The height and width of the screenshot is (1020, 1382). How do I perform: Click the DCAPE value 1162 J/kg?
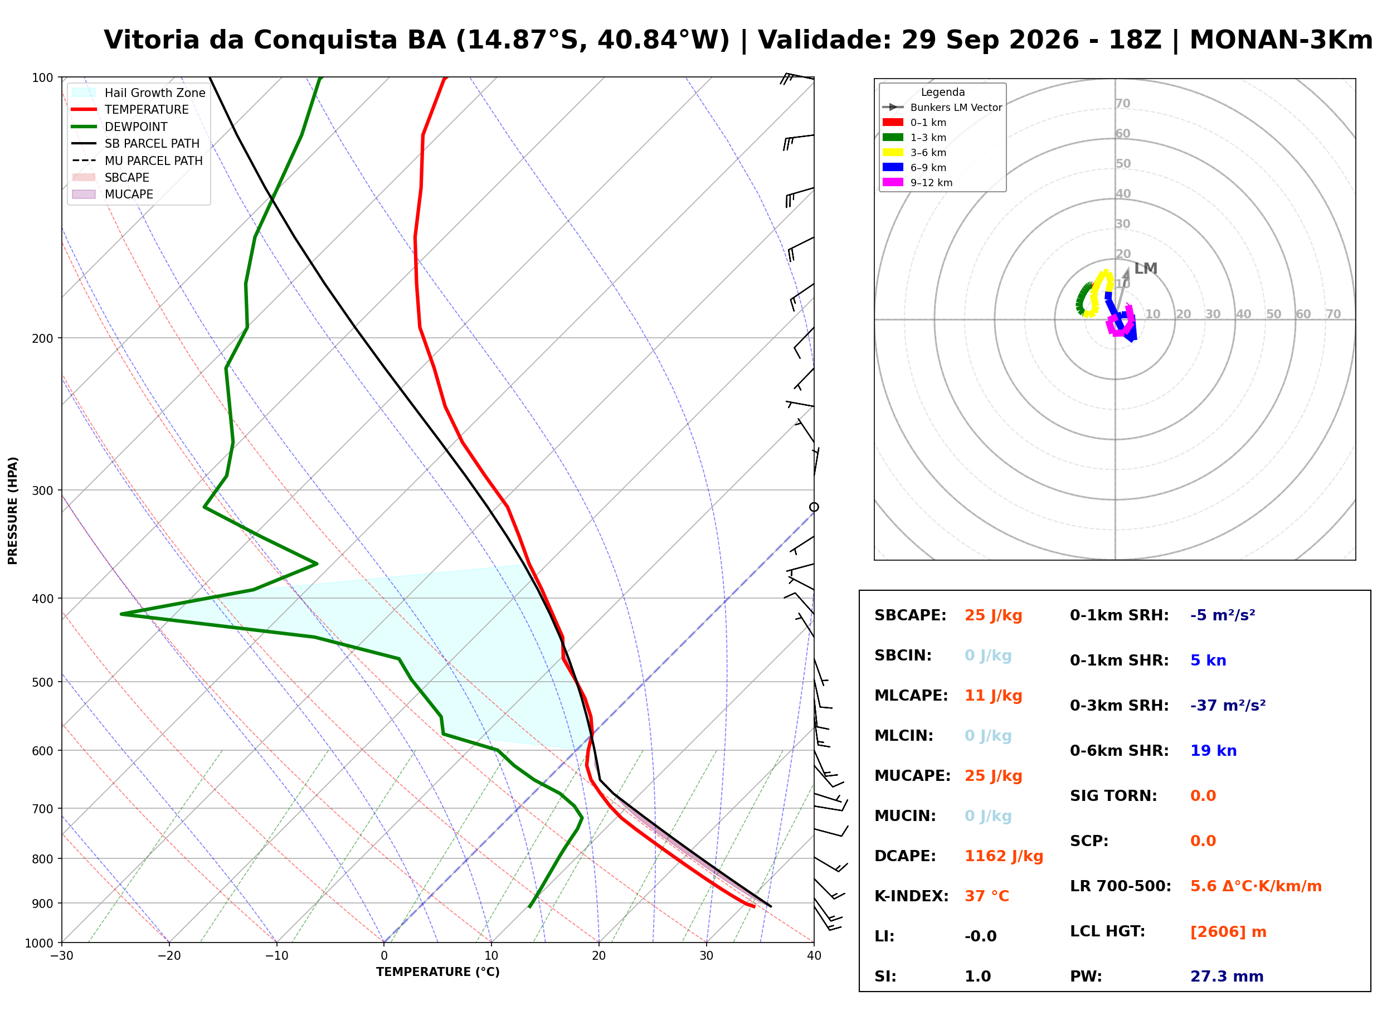click(1004, 856)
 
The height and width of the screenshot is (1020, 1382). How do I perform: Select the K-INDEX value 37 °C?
click(986, 896)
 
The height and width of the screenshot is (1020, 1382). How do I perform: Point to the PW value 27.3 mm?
click(1227, 977)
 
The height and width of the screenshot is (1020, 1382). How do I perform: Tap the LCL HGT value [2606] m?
click(1228, 932)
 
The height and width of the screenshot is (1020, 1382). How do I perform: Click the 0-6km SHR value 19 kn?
click(1213, 751)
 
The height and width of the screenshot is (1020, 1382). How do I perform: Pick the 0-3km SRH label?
click(1119, 706)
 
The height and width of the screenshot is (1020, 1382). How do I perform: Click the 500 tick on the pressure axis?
click(42, 682)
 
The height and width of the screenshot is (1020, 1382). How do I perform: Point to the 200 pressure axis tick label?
click(42, 338)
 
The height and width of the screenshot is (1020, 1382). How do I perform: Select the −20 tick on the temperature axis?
click(169, 956)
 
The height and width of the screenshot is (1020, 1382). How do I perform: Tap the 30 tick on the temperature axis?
click(706, 956)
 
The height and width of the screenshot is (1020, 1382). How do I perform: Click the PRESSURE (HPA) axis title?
click(13, 511)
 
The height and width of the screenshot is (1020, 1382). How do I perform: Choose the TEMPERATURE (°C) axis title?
click(437, 973)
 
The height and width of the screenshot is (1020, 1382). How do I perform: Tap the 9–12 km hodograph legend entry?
click(917, 183)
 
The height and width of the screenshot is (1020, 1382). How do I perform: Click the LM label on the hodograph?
click(1146, 269)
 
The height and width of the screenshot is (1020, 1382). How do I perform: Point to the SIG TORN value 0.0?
click(1203, 796)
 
